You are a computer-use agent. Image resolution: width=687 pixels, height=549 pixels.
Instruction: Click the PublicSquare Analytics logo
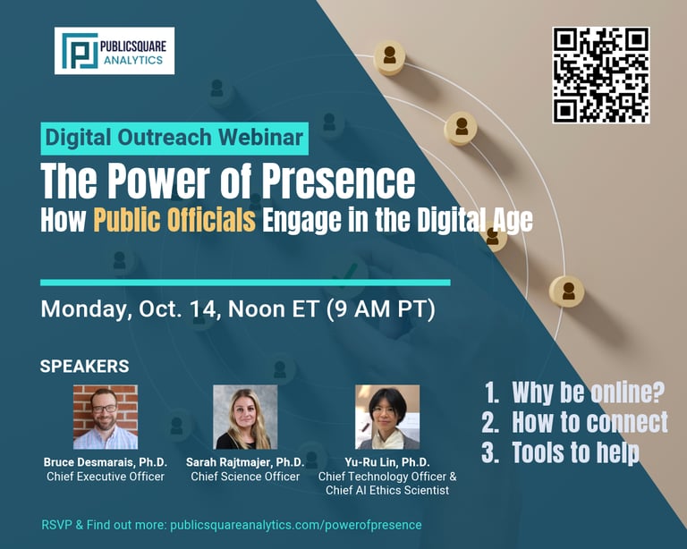tap(114, 51)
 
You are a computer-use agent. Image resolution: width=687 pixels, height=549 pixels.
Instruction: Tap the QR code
tap(601, 75)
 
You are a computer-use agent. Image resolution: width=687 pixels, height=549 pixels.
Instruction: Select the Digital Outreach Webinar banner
tap(174, 139)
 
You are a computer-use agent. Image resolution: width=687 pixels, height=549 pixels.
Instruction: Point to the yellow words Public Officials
tap(174, 219)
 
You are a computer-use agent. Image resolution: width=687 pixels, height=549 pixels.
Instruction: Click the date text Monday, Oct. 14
tap(129, 309)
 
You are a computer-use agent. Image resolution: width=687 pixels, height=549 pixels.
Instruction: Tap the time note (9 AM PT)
tap(381, 309)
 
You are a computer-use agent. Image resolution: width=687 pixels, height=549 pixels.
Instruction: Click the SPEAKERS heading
tap(85, 366)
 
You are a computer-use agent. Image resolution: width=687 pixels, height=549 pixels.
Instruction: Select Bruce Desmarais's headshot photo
tap(106, 418)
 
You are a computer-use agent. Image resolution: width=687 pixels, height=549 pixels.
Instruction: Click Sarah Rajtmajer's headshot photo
tap(245, 418)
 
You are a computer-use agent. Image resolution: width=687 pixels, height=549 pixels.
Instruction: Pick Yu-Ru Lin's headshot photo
tap(387, 418)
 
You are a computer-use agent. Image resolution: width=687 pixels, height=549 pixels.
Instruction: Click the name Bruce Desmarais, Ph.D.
tap(106, 462)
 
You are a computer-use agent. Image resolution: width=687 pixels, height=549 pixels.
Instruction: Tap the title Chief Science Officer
tap(245, 477)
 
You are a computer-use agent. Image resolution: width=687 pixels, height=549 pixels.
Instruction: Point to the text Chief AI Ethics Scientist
tap(387, 490)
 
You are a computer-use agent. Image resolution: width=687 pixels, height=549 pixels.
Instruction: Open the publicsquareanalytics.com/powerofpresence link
tap(296, 525)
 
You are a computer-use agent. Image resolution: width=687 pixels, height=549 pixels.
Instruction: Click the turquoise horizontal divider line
tap(245, 283)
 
